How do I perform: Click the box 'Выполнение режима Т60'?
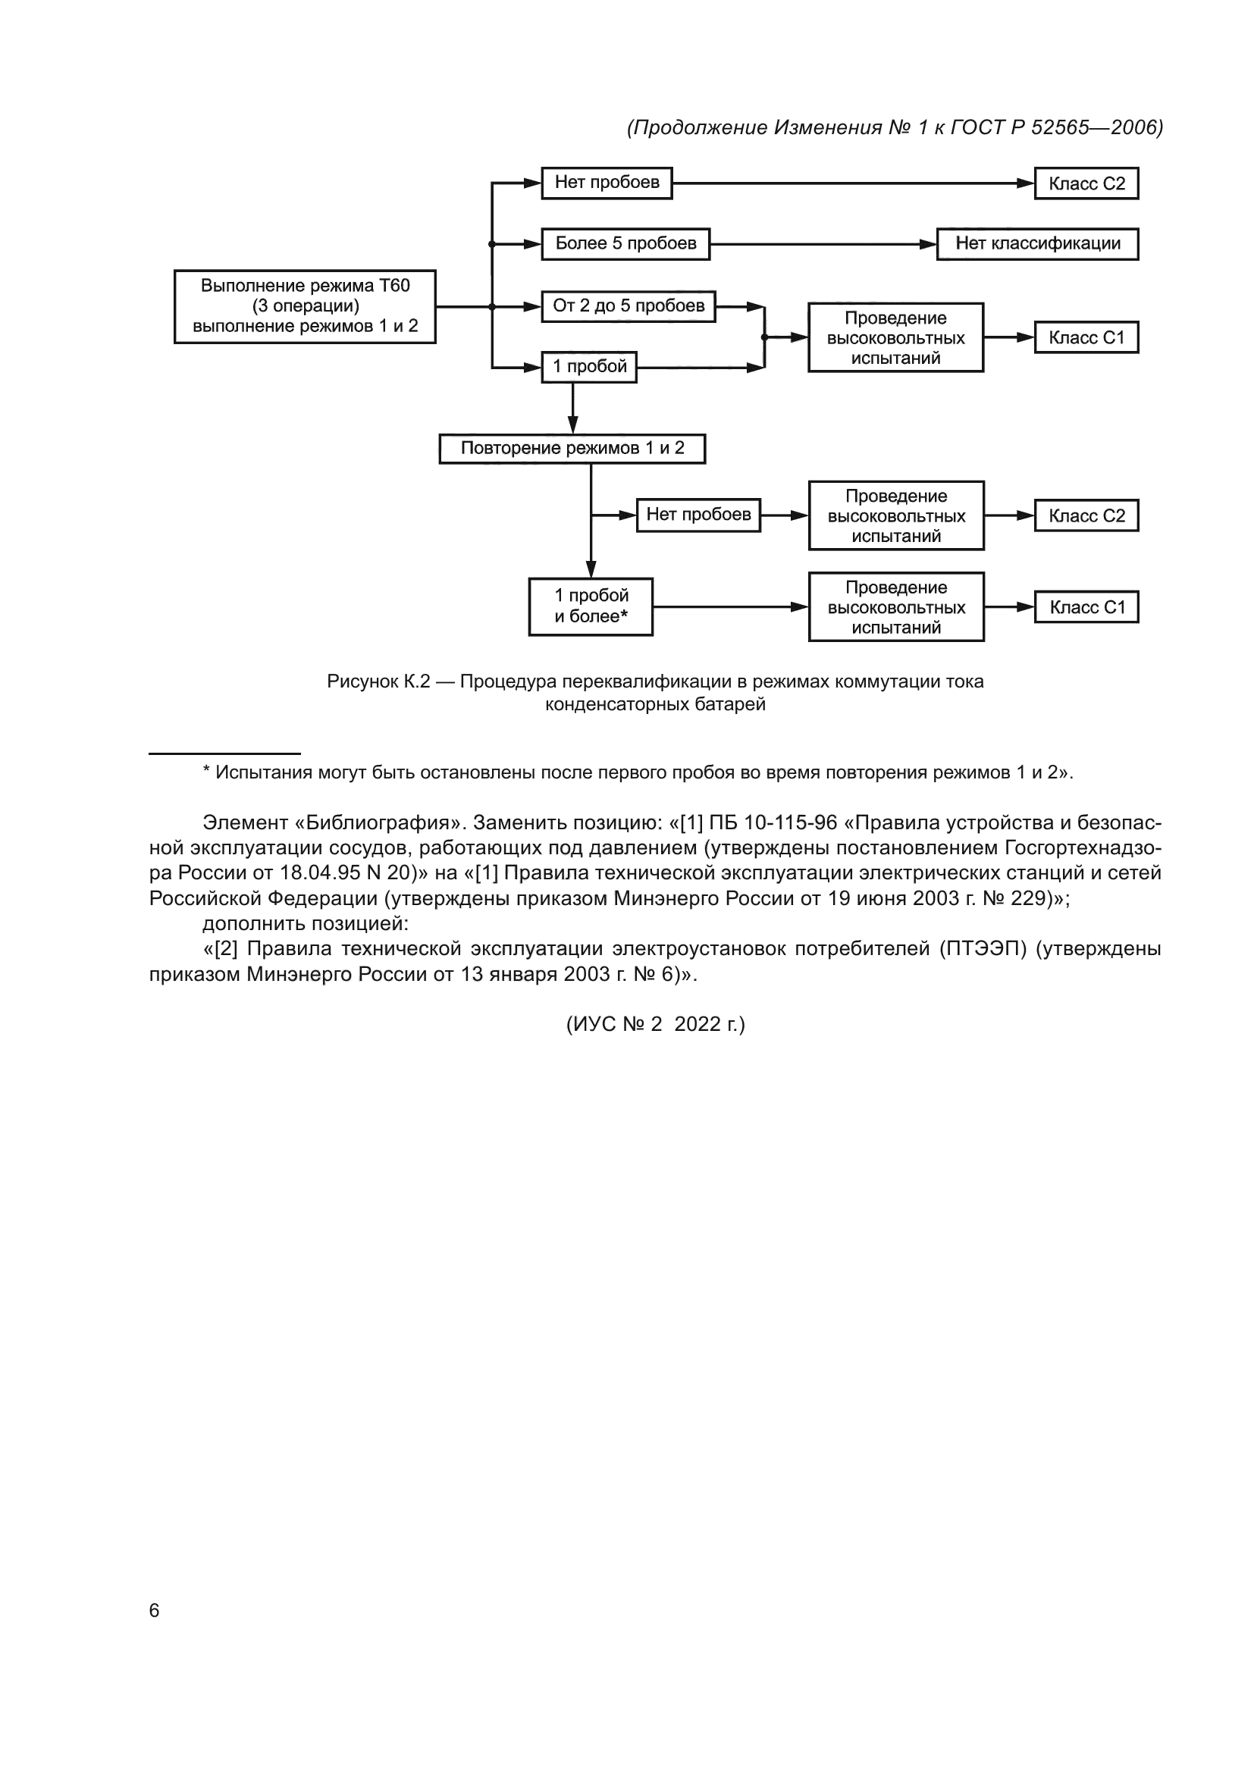[305, 305]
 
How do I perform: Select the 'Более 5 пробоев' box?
[625, 243]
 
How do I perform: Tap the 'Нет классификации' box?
[1037, 243]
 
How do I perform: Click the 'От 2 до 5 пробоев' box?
[628, 305]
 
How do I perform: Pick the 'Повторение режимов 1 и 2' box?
[572, 448]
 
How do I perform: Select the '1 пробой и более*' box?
[591, 606]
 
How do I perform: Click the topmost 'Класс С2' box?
[1086, 183]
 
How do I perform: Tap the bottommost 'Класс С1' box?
[1086, 607]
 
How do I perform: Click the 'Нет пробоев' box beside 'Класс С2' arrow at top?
[607, 182]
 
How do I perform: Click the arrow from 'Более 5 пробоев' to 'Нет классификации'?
[823, 244]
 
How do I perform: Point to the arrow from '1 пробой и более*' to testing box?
[729, 607]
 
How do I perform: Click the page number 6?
[154, 1610]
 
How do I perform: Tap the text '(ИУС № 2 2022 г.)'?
[656, 1024]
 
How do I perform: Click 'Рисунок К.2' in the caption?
[378, 681]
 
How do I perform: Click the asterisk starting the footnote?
[206, 771]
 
